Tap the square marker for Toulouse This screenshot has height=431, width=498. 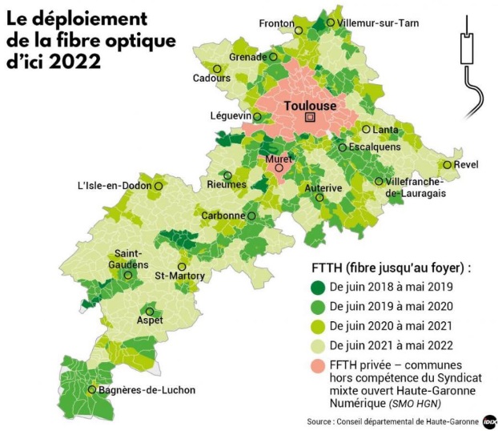309,118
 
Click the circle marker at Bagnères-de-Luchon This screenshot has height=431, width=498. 93,390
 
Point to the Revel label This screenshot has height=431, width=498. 465,165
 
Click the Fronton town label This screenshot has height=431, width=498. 275,23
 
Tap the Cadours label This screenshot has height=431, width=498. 211,79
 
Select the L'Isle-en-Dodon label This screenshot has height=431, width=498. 114,186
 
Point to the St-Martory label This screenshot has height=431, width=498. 179,276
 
